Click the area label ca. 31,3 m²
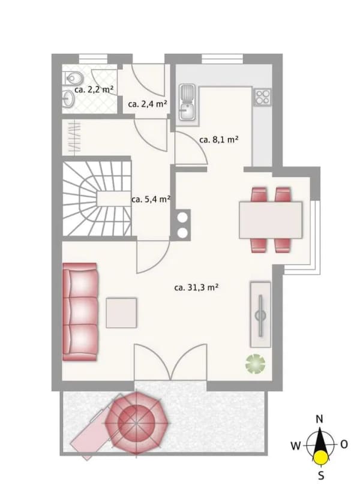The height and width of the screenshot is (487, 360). pos(196,287)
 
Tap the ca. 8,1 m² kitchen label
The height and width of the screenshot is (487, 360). pos(218,140)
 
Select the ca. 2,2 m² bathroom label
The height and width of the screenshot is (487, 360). pos(94,89)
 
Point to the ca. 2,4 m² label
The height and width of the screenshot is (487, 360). pos(148,104)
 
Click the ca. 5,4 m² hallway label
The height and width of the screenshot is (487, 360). pos(151,199)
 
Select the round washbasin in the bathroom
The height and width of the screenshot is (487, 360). pos(69,100)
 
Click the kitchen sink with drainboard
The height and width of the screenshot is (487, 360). pos(187,102)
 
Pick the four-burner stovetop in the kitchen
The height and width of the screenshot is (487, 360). pos(262,97)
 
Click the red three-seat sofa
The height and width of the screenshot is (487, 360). pos(80,312)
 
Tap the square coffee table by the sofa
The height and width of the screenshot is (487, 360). pos(121,312)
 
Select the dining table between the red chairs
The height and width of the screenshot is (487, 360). pos(271,220)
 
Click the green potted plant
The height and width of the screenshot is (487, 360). pos(256,363)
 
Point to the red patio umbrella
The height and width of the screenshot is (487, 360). pos(136,423)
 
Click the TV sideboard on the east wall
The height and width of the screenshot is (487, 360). pos(260,315)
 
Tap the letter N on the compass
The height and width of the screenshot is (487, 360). pos(320,419)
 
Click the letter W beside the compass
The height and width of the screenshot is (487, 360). pos(296,446)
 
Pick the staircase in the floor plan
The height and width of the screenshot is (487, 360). pos(97,198)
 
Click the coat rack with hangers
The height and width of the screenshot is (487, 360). pos(74,137)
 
